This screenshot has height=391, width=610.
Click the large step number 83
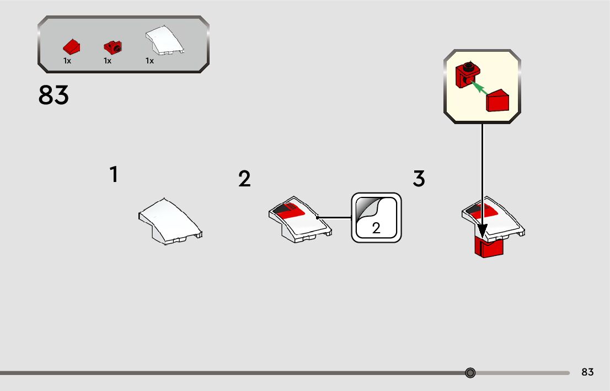pyautogui.click(x=53, y=95)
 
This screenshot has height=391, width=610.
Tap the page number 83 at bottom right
pyautogui.click(x=587, y=372)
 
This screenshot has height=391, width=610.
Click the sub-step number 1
pyautogui.click(x=114, y=175)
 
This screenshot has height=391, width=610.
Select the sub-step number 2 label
pyautogui.click(x=244, y=179)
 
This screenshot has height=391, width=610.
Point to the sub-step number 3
pyautogui.click(x=419, y=179)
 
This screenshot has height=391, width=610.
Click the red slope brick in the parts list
pyautogui.click(x=72, y=47)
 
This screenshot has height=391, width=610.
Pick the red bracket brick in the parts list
pyautogui.click(x=113, y=47)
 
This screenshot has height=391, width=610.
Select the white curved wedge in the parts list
pyautogui.click(x=164, y=41)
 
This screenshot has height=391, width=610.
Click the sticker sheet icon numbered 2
pyautogui.click(x=376, y=217)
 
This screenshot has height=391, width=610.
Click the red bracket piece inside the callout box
pyautogui.click(x=466, y=75)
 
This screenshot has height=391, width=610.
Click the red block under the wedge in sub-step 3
pyautogui.click(x=488, y=248)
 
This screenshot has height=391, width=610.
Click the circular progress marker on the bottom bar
pyautogui.click(x=470, y=373)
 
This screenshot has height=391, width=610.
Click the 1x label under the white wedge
pyautogui.click(x=149, y=61)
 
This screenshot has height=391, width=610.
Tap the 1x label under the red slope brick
pyautogui.click(x=67, y=61)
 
